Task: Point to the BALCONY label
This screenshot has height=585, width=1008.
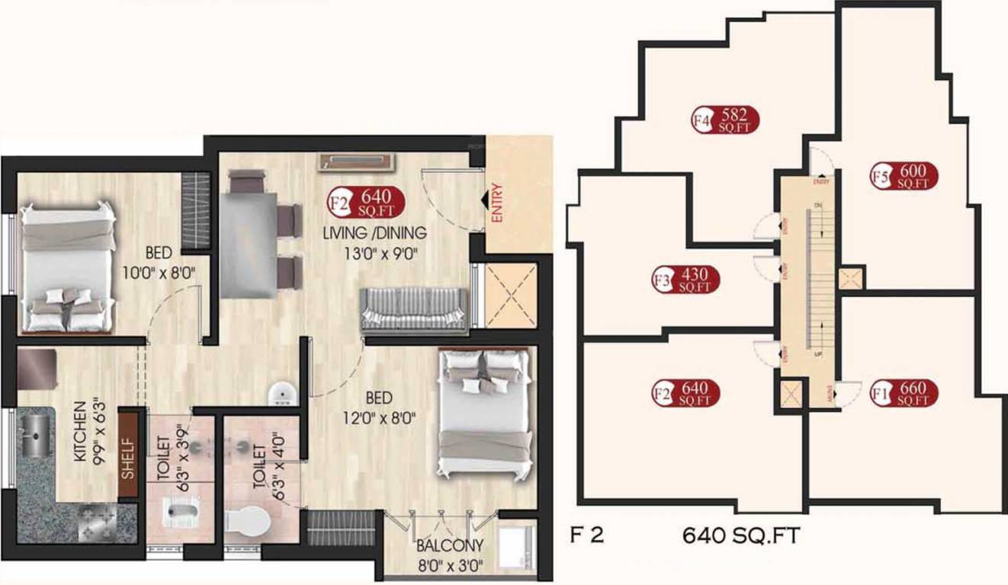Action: pos(450,545)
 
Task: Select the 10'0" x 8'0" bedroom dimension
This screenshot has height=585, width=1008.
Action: pos(164,271)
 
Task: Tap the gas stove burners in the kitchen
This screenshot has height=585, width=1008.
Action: pos(97,524)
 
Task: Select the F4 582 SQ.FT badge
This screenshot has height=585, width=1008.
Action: pos(727,120)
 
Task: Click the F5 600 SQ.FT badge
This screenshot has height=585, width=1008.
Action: pos(904,176)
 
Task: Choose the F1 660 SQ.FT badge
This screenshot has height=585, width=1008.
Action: pos(904,393)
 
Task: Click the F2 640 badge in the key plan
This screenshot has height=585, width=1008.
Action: pos(686,393)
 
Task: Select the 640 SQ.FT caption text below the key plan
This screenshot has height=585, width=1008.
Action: pos(740,536)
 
